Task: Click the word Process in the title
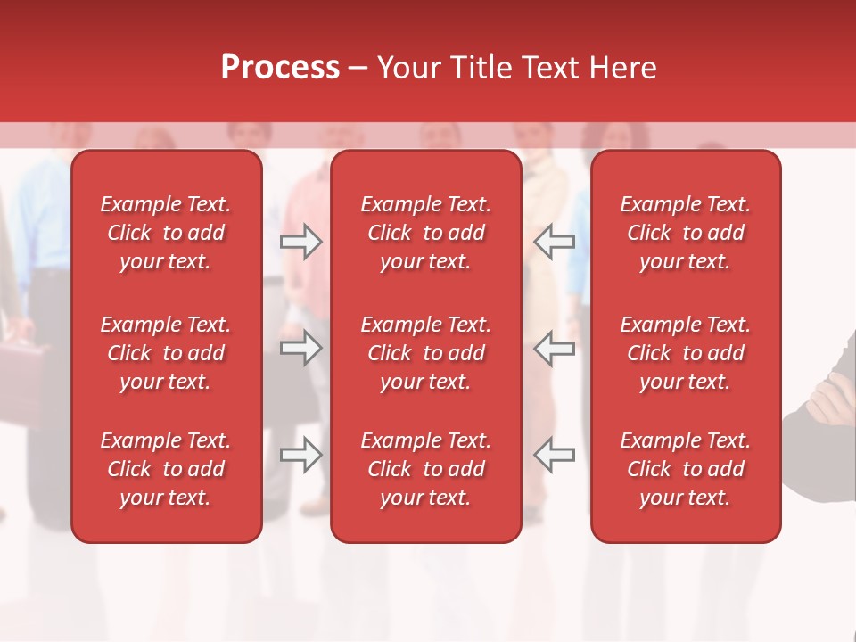pos(280,68)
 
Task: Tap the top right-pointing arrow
pos(300,242)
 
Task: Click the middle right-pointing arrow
pos(300,348)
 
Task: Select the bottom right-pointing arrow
pos(300,454)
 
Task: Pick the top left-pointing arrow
pos(555,242)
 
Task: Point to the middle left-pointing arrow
pos(555,348)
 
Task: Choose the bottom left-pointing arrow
pos(555,454)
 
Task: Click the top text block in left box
pos(166,233)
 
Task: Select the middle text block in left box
pos(166,353)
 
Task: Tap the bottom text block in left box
pos(166,469)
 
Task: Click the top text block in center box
pos(426,233)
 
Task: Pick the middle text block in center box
pos(426,353)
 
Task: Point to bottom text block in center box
pos(426,469)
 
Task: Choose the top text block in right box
pos(686,233)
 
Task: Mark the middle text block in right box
pos(686,353)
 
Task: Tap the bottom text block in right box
pos(686,469)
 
